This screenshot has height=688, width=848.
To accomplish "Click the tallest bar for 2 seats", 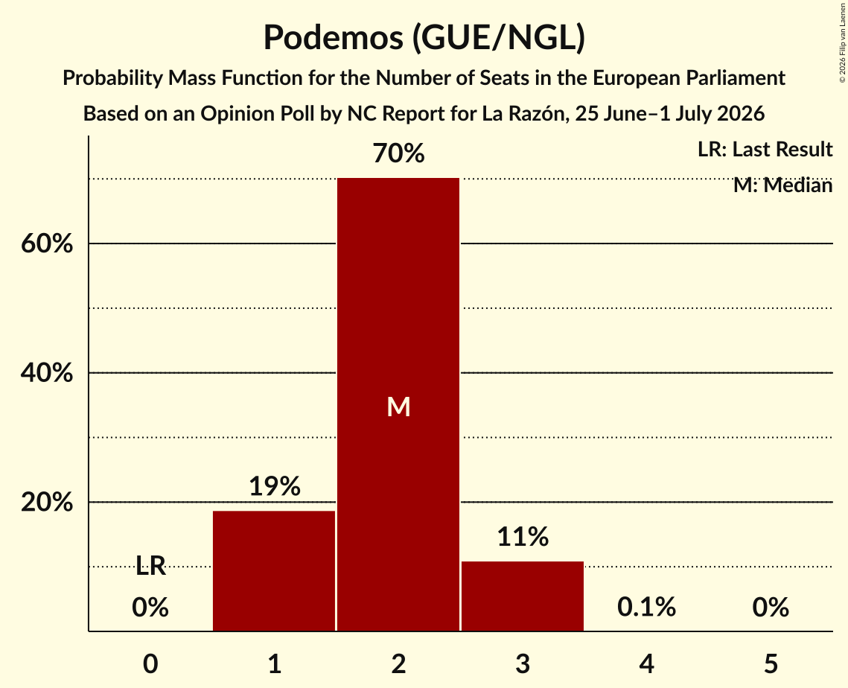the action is tap(398, 404).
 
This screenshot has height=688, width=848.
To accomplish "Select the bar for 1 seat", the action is tap(274, 570).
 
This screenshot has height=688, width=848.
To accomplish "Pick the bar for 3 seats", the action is tap(523, 596).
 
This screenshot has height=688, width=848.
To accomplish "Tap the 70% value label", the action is tap(398, 153).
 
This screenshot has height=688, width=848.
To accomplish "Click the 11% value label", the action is tap(523, 537).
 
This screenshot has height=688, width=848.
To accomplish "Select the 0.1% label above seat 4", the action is tap(646, 607).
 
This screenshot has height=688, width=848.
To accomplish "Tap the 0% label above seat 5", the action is tap(771, 607).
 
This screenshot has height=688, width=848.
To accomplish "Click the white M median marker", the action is tap(398, 407).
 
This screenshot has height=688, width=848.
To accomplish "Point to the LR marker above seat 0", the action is tap(150, 567).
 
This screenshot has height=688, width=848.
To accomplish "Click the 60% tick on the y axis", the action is tap(47, 243).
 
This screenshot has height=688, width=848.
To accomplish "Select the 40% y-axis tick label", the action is tap(47, 372).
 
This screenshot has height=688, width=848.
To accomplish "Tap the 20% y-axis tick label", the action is tap(47, 502).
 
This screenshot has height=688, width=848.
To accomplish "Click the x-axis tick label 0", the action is tap(150, 663).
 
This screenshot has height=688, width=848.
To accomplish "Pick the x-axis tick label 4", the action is tap(646, 663).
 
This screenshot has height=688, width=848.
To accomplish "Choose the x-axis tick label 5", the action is tap(771, 663).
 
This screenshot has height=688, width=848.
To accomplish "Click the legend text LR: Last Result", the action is tap(765, 149).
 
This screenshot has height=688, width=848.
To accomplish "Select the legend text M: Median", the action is tap(782, 185).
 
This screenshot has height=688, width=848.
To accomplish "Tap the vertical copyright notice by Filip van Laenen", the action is tap(842, 43).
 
